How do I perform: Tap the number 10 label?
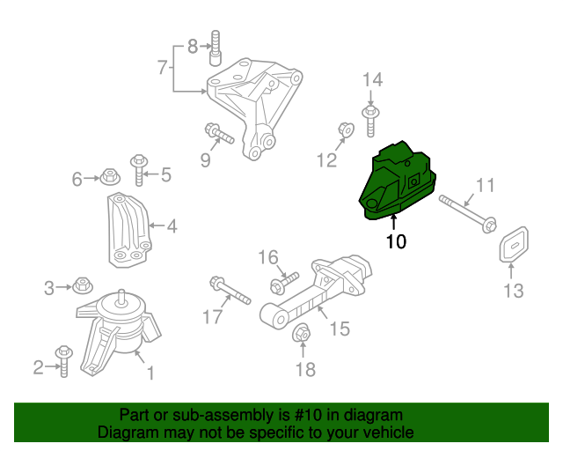click(x=396, y=240)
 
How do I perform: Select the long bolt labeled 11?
click(x=466, y=212)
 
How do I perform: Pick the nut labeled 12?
click(x=346, y=132)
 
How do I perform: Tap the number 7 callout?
click(x=162, y=66)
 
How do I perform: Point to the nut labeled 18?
click(x=300, y=334)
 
